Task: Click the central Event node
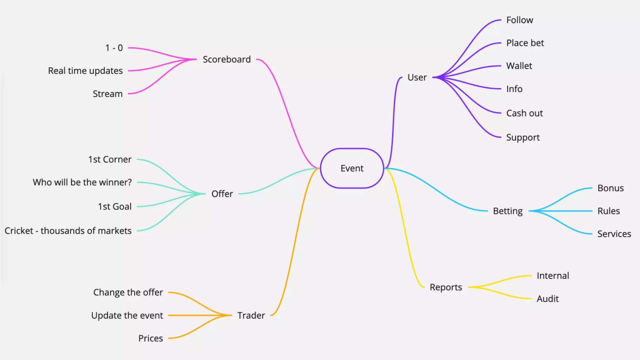tap(352, 168)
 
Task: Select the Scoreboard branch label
tap(227, 59)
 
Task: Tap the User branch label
tap(417, 77)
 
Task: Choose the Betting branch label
tap(507, 211)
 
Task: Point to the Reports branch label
tap(446, 287)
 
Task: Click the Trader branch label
tap(251, 316)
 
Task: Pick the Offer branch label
tap(222, 194)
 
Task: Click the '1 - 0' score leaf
tap(114, 48)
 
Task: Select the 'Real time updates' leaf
tap(85, 71)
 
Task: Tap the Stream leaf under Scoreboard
tap(107, 94)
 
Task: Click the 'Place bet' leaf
tap(525, 43)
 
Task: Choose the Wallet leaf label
tap(519, 66)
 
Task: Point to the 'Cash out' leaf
tap(524, 113)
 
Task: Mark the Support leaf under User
tap(523, 137)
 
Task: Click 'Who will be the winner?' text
tap(82, 182)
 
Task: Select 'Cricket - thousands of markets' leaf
tap(68, 231)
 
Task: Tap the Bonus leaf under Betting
tap(610, 188)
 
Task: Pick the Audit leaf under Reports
tap(547, 299)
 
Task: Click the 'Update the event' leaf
tap(127, 316)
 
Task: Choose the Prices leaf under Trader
tap(150, 338)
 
